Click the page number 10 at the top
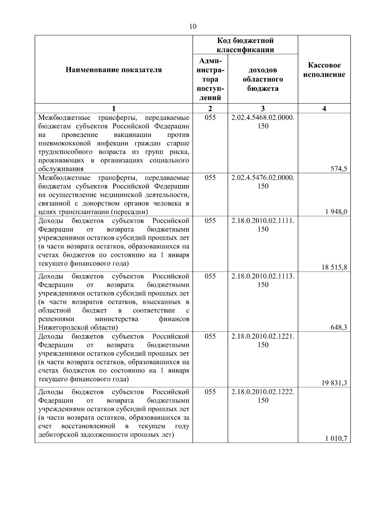click(193, 27)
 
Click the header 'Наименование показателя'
click(114, 70)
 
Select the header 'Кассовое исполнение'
click(324, 70)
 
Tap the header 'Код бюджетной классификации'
click(245, 45)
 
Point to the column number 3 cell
click(263, 108)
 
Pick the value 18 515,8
click(334, 267)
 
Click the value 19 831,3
click(334, 383)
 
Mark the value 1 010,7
click(336, 438)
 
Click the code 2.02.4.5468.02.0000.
click(263, 118)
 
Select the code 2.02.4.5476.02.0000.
click(263, 178)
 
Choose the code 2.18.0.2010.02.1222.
click(263, 392)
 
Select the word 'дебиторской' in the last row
click(57, 435)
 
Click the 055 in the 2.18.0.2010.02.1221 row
click(210, 336)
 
